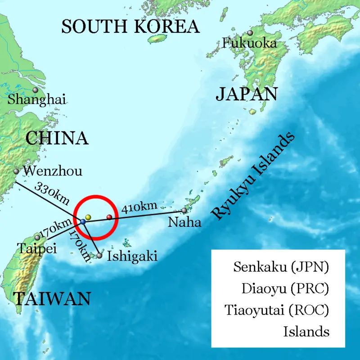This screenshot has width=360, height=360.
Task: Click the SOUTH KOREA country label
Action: coord(130,27)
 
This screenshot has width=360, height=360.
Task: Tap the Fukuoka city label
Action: coord(249,44)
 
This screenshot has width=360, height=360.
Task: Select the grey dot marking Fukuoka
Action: coord(250,33)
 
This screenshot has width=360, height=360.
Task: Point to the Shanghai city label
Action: coord(37,99)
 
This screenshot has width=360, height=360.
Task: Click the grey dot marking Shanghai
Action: coord(36,90)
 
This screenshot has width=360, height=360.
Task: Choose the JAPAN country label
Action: coord(246,94)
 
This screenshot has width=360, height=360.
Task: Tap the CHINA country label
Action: coord(57,138)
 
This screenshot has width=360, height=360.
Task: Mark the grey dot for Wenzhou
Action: coord(16,171)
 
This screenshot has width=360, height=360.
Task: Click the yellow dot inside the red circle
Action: coord(88,217)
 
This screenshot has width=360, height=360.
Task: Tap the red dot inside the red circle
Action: coord(109,218)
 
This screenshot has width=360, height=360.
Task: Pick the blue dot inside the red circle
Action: coord(83,222)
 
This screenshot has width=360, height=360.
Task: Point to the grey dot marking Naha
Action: coord(184,210)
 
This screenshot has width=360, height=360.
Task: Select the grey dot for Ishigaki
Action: coord(99,256)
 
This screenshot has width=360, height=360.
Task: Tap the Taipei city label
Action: coord(36,248)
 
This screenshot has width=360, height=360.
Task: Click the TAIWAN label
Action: coord(52,298)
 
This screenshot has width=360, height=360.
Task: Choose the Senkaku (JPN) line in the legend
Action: coord(281,267)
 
